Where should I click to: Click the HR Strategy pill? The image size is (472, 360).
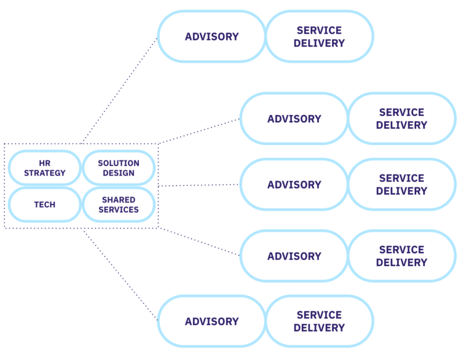(x=44, y=168)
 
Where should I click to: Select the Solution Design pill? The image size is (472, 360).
(x=119, y=168)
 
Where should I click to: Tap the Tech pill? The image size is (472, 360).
(x=44, y=205)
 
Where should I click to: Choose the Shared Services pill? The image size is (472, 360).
(x=119, y=205)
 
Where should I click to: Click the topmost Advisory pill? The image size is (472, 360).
(x=211, y=36)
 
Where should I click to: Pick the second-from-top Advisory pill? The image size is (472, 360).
(x=294, y=119)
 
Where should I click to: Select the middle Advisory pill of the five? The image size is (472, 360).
(x=294, y=184)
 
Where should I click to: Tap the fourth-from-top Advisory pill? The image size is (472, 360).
(x=294, y=256)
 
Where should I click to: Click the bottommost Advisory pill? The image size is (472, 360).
(x=211, y=321)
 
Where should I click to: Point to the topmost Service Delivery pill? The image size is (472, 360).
(x=319, y=36)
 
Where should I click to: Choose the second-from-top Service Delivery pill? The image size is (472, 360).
(x=401, y=119)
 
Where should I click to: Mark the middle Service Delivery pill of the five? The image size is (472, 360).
(x=401, y=184)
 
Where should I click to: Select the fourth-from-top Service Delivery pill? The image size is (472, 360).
(x=401, y=256)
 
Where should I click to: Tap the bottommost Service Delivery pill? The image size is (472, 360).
(x=319, y=321)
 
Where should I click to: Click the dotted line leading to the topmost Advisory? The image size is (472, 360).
(x=119, y=90)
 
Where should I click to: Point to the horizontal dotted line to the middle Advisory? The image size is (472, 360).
(x=199, y=185)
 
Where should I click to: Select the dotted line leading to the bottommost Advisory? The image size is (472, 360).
(x=120, y=275)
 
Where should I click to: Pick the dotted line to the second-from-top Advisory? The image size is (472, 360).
(x=199, y=131)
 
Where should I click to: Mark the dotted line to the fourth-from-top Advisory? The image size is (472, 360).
(x=199, y=241)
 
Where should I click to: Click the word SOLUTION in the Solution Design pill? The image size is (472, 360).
(x=119, y=163)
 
